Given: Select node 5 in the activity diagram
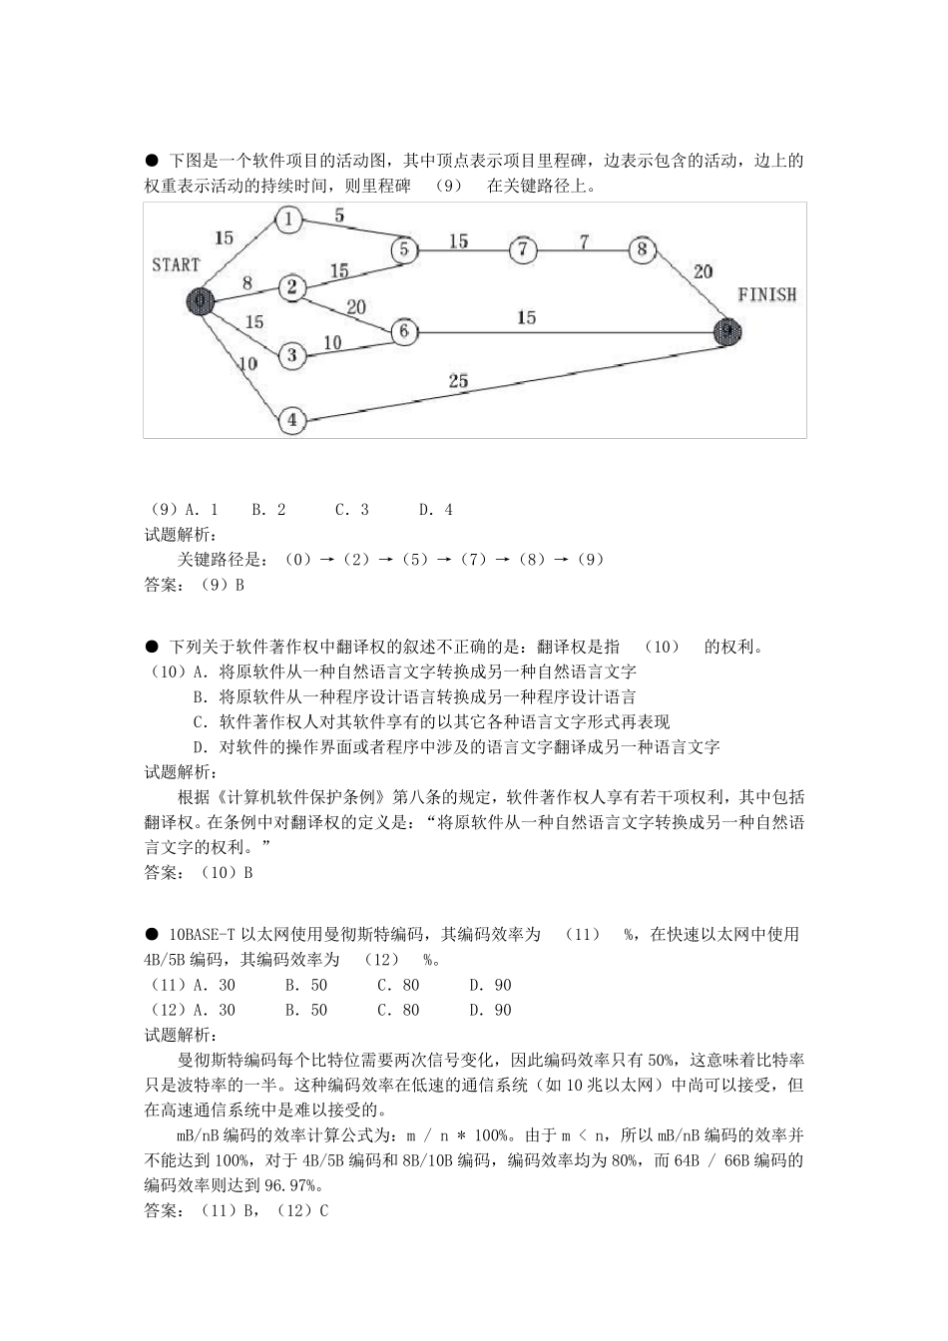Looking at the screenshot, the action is point(404,248).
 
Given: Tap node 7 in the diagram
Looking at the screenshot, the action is point(523,250).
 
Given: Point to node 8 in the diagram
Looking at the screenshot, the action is point(643,249).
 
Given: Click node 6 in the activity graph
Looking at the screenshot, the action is point(404,331).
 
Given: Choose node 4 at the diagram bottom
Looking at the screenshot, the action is point(291,420).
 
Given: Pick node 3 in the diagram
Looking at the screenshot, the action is point(291,354).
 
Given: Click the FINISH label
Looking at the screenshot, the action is point(766,295).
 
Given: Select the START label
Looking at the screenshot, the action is point(176,264).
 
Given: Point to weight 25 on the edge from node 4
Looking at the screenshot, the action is point(458,381).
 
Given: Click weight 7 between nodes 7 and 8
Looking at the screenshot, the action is point(584,240).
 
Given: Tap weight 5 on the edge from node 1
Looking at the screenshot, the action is point(339,216).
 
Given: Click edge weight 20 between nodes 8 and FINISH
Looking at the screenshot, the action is point(703,271).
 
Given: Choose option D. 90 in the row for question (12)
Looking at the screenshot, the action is point(490,1010).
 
